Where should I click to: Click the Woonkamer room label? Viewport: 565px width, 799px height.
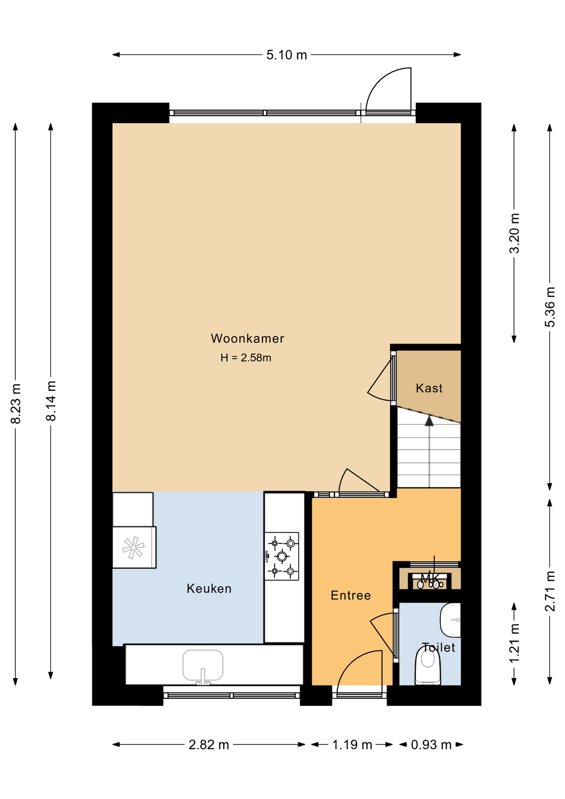tap(248, 338)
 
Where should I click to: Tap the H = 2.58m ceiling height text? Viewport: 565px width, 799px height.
tap(246, 357)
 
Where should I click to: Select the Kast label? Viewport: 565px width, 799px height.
tap(429, 388)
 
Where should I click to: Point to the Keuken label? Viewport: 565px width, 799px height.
tap(209, 588)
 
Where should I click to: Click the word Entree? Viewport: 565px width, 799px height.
tap(351, 596)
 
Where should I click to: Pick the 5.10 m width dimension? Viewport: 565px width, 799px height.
tap(287, 55)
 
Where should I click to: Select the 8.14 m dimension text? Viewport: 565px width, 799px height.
tap(51, 401)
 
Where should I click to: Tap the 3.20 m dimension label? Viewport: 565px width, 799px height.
tap(515, 233)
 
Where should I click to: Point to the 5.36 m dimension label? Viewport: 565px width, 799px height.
tap(550, 307)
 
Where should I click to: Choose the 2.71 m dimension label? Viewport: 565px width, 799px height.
tap(550, 591)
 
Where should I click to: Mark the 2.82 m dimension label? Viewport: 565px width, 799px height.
tap(209, 744)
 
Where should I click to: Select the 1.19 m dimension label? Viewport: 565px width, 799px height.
tap(352, 744)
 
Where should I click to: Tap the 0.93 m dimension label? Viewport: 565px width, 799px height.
tap(431, 744)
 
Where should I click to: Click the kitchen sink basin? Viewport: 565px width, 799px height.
tap(203, 665)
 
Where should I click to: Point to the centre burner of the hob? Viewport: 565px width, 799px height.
tap(282, 556)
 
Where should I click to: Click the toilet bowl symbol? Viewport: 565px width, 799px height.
tap(428, 666)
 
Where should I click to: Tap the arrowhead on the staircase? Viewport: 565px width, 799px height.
tap(429, 421)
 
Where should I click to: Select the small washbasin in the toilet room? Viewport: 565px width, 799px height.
tap(451, 620)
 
